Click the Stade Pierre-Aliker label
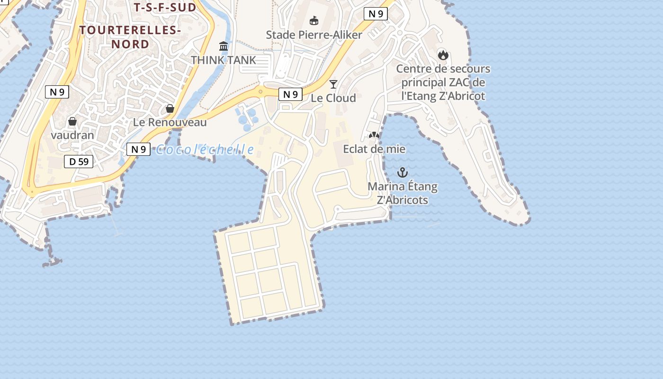tap(314, 35)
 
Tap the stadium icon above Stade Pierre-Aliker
tap(314, 20)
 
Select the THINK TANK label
tap(224, 60)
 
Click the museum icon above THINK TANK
tap(224, 46)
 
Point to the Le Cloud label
tap(333, 98)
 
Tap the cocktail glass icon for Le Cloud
tap(333, 84)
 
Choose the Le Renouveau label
tap(170, 122)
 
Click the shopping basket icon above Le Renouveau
tap(170, 108)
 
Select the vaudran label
tap(72, 135)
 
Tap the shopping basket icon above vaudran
tap(72, 121)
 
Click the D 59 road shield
tap(79, 162)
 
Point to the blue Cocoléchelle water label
tap(205, 150)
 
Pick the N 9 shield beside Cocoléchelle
tap(138, 149)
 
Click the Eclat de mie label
tap(374, 149)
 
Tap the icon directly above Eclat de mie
tap(374, 135)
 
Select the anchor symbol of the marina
tap(403, 172)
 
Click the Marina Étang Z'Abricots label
tap(403, 193)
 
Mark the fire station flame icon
tap(443, 55)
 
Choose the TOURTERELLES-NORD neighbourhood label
tap(130, 37)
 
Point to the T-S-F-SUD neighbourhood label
tap(165, 8)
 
